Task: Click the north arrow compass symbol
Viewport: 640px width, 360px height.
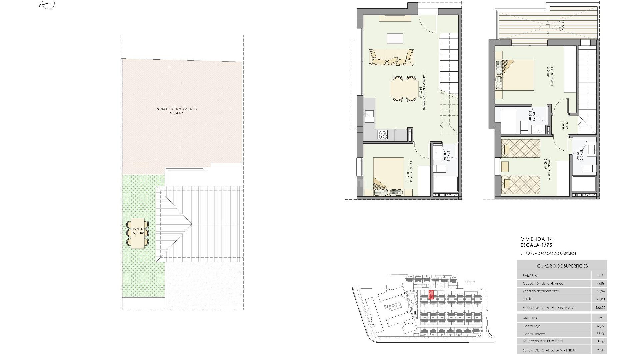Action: click(x=47, y=4)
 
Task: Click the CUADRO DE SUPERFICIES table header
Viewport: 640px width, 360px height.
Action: click(x=562, y=266)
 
